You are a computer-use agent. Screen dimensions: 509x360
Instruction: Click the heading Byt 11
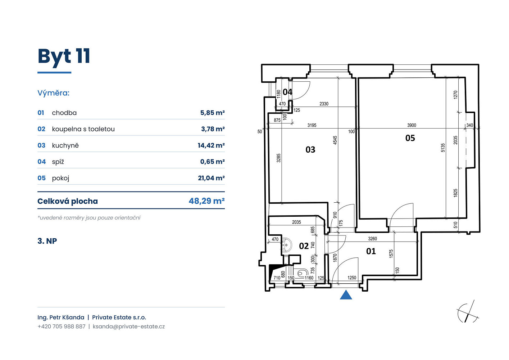[64, 57]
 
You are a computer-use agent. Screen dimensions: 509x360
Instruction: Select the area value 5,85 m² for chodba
[212, 113]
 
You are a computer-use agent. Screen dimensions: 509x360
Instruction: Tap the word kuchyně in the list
[65, 145]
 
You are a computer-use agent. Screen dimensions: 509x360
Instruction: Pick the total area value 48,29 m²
[206, 201]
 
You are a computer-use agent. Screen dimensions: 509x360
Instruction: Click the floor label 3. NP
[47, 241]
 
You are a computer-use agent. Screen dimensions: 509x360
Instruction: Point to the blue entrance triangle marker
[346, 295]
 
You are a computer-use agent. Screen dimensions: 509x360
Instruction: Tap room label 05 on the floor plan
[410, 138]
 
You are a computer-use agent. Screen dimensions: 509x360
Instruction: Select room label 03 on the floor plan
[310, 150]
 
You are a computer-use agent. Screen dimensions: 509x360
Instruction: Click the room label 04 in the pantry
[287, 92]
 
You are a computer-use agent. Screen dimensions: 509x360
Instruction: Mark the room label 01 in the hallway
[371, 251]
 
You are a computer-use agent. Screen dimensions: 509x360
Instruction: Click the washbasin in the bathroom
[286, 245]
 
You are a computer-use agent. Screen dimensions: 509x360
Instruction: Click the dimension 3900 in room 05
[412, 125]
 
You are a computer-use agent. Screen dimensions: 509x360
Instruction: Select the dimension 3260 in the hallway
[372, 239]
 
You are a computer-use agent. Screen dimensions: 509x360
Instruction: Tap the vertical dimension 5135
[443, 148]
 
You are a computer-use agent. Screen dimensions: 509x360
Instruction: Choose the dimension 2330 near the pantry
[324, 104]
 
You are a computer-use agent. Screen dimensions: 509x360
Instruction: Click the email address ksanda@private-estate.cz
[129, 327]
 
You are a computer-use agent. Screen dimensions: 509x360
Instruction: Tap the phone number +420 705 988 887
[62, 327]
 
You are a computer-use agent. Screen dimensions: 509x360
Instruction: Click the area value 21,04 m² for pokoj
[211, 178]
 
